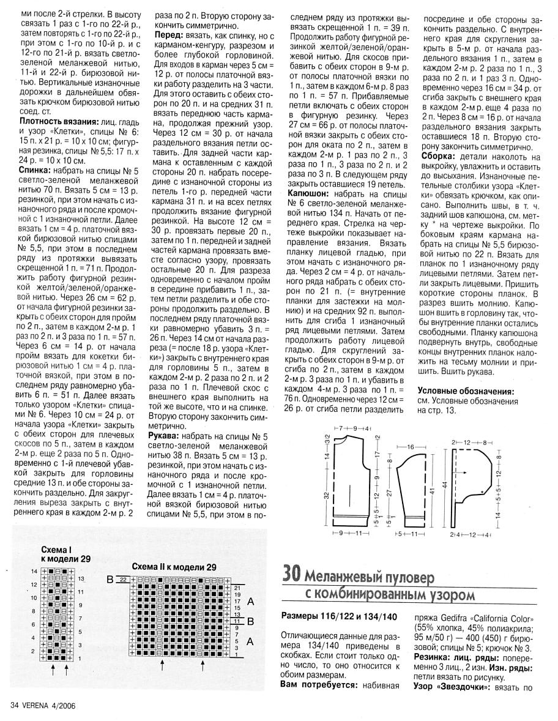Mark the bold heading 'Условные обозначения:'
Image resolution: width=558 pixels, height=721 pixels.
pyautogui.click(x=465, y=390)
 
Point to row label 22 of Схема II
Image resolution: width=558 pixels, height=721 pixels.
pyautogui.click(x=123, y=580)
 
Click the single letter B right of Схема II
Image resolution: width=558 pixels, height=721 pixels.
pyautogui.click(x=250, y=621)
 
